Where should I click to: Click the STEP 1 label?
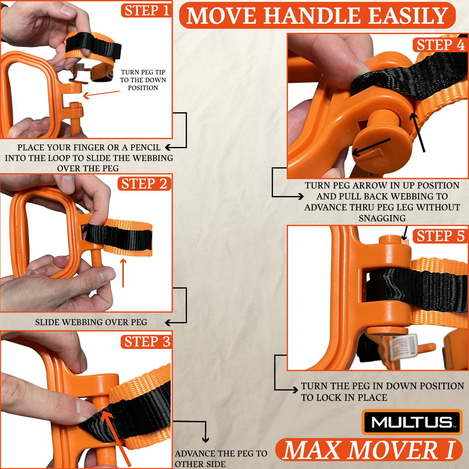[147, 11]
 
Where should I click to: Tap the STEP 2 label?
[144, 184]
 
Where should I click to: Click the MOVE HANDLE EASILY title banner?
[317, 16]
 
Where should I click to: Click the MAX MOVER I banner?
[369, 450]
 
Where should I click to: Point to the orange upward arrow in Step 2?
[123, 273]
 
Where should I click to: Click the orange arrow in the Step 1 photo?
[101, 94]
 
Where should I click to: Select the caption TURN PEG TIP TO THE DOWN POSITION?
[143, 80]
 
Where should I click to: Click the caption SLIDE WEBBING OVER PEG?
[91, 322]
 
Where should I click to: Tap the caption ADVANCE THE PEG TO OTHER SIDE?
[221, 459]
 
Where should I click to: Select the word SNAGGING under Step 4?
[382, 218]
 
